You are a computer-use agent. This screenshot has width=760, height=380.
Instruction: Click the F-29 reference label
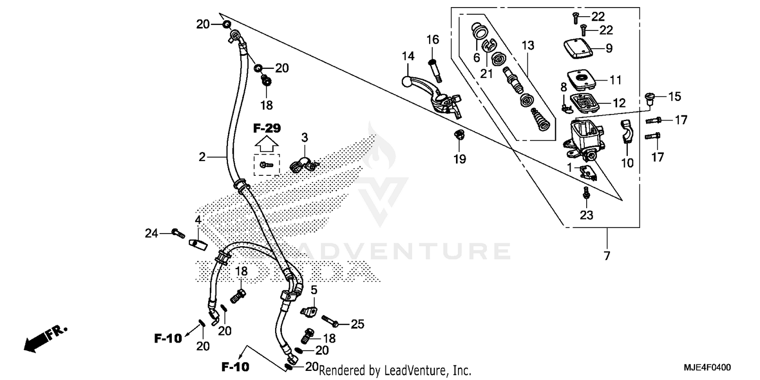(x=267, y=128)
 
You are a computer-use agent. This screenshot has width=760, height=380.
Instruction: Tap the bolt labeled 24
(x=177, y=233)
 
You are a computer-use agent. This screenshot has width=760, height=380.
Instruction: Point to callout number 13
(x=528, y=46)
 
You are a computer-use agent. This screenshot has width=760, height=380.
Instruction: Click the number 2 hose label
(x=202, y=157)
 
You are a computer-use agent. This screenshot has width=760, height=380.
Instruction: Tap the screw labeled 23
(x=586, y=193)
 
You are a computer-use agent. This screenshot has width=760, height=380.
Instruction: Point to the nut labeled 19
(x=459, y=136)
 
